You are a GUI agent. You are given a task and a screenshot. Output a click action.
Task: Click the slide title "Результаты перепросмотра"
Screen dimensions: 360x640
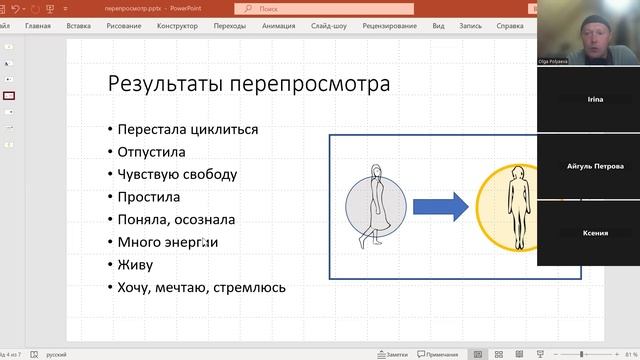249,84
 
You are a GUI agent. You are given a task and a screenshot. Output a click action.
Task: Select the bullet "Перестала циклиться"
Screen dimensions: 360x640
187,129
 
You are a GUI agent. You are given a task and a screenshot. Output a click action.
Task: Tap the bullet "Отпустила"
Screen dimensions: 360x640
152,152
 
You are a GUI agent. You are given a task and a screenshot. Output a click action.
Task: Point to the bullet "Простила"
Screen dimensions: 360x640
148,197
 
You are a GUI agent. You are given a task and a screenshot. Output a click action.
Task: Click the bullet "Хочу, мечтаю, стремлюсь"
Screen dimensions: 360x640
201,287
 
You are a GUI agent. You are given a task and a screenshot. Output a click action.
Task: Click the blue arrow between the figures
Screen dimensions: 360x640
440,207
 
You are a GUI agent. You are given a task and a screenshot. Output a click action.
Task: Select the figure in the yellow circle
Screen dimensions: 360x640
517,208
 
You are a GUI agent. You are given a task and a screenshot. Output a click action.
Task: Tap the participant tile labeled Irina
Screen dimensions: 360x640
595,100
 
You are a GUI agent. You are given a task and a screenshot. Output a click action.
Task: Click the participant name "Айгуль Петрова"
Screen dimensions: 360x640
595,166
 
